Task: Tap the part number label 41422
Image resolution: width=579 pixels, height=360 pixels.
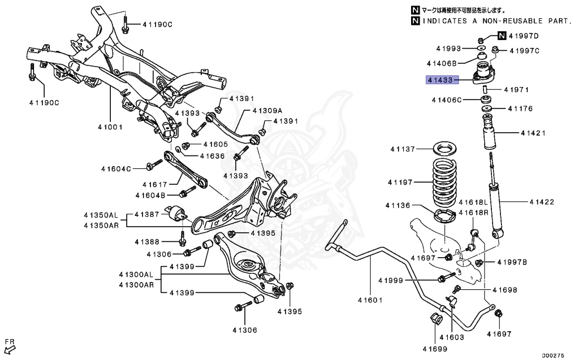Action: click(541, 202)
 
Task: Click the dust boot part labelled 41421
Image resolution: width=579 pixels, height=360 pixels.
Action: click(488, 134)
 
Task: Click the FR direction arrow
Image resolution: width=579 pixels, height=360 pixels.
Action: click(10, 344)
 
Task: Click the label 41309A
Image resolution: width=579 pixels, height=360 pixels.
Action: click(267, 110)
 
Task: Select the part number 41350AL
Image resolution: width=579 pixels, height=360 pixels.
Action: click(101, 215)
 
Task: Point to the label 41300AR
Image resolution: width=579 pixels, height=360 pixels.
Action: click(136, 284)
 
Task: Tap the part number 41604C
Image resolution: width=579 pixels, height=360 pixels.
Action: click(116, 168)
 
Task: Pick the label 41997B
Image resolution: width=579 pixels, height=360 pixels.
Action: click(512, 262)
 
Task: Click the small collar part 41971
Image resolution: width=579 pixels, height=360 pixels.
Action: click(486, 90)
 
